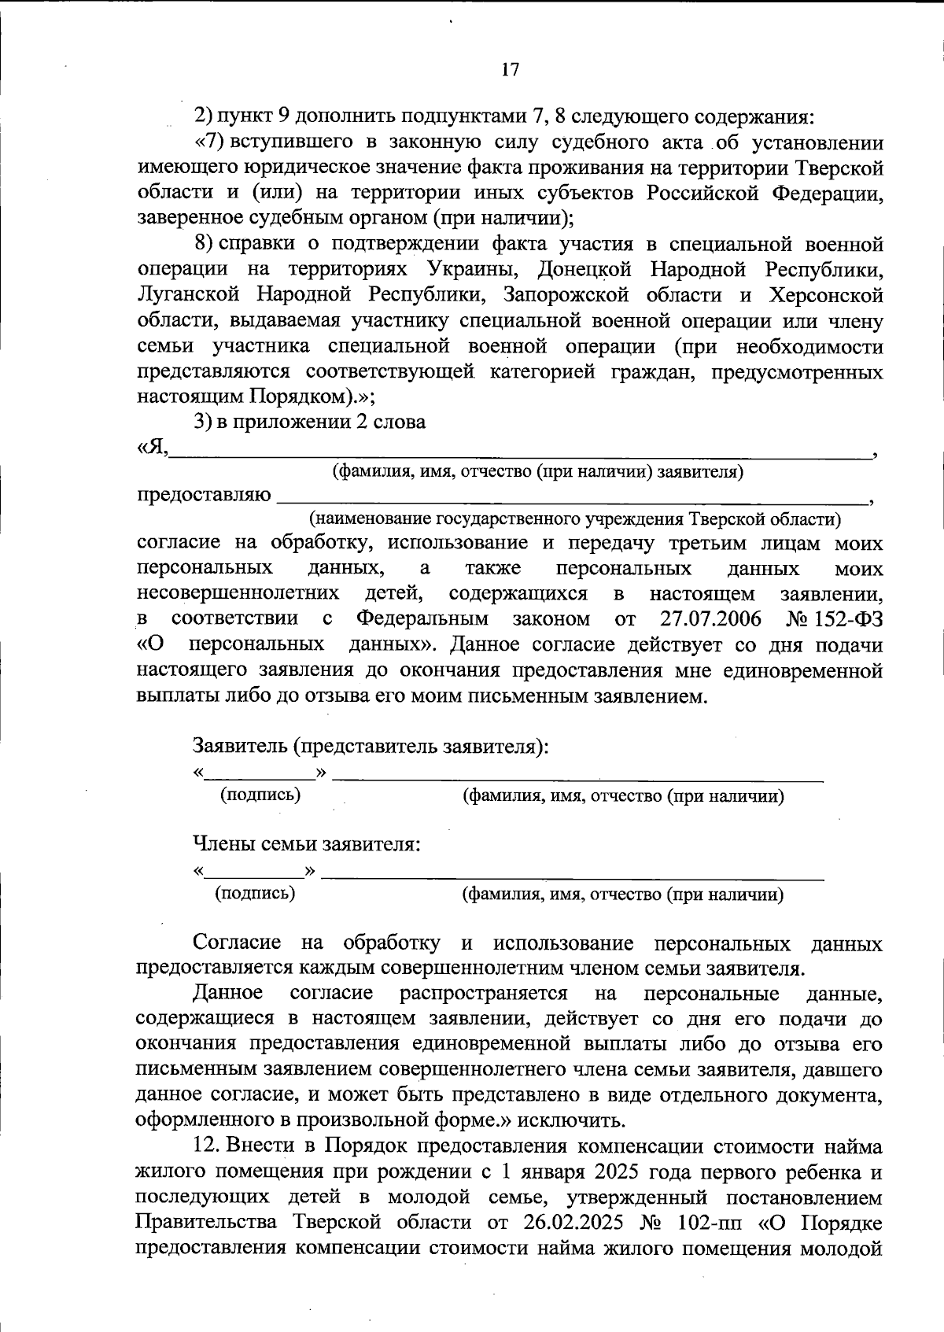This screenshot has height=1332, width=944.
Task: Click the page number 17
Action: pos(510,69)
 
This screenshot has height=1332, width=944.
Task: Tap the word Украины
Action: pos(473,270)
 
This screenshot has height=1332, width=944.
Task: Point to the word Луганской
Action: pos(188,295)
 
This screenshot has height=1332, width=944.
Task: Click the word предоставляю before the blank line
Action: pos(204,496)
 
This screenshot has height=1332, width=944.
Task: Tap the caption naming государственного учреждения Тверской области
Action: pos(575,519)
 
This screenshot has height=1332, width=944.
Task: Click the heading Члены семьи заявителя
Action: pos(307,845)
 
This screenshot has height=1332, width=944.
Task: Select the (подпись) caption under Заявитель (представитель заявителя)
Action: pos(261,795)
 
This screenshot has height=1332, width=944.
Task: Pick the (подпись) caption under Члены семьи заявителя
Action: pos(255,893)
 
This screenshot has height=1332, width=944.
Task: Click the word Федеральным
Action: pos(422,619)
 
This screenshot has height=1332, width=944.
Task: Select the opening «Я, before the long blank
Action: pos(152,447)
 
